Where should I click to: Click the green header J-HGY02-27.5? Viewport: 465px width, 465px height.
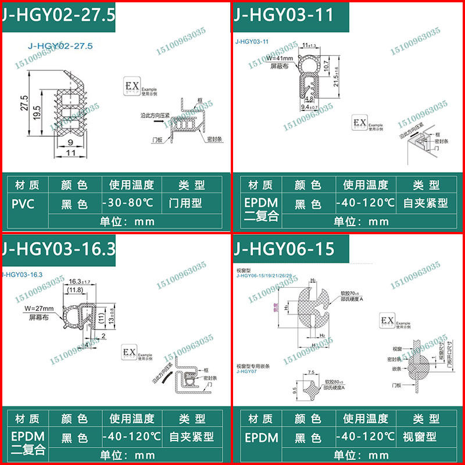coord(58,15)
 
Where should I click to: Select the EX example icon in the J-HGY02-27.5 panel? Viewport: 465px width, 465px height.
coord(132,87)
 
